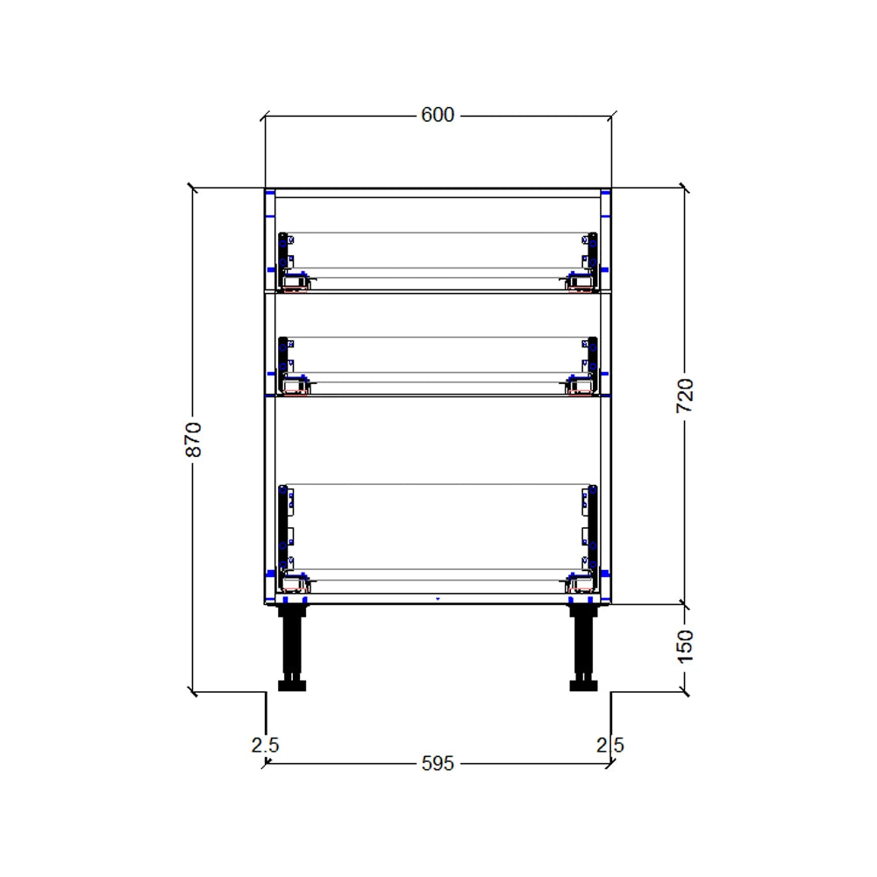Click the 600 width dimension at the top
click(x=438, y=115)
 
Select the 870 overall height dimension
click(x=194, y=438)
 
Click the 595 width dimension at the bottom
click(x=438, y=764)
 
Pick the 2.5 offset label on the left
click(x=265, y=745)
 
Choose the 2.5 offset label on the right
click(x=610, y=745)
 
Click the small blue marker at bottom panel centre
click(x=438, y=600)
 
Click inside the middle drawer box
click(x=438, y=355)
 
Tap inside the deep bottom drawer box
click(x=438, y=526)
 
